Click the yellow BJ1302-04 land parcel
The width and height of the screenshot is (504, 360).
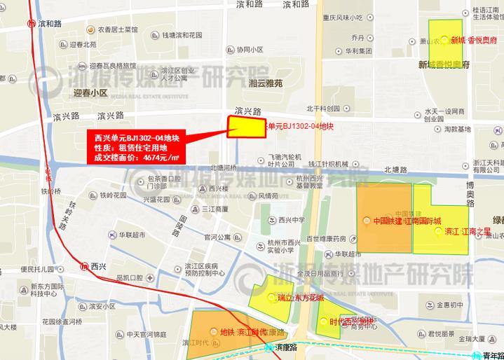coord(244,127)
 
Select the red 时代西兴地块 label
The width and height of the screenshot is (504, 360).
coord(346,323)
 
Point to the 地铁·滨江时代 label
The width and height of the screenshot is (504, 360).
coord(243,331)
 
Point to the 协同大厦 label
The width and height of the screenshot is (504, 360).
coord(250,50)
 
